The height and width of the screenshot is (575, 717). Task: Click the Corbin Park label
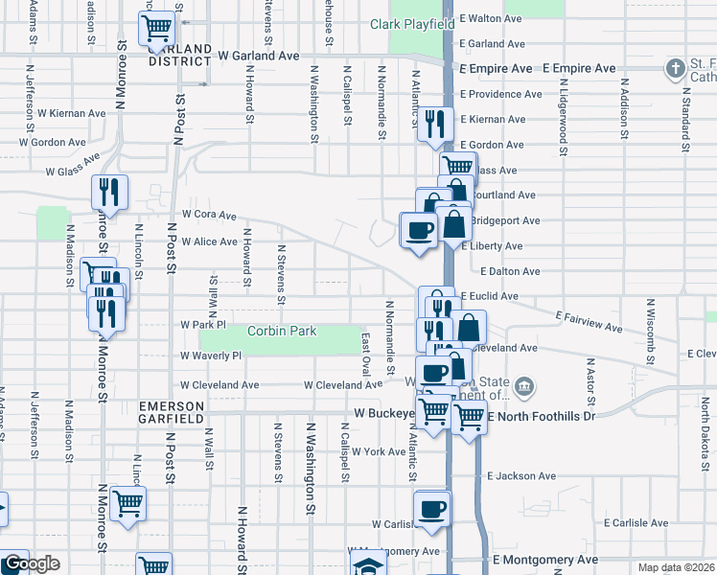tap(282, 331)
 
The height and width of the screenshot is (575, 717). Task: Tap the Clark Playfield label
tap(412, 23)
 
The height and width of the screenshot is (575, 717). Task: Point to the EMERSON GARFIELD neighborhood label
tap(171, 412)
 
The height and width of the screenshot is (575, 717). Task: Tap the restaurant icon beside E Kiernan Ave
tap(435, 124)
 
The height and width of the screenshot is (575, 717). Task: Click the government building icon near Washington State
tap(524, 387)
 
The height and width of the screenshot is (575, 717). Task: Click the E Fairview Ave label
tap(589, 320)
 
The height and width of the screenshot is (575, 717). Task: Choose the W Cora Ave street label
tap(209, 216)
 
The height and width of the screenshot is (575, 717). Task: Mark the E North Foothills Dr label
tap(542, 417)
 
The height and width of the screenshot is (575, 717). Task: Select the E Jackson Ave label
tap(521, 475)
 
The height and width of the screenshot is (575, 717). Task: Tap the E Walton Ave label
tap(492, 18)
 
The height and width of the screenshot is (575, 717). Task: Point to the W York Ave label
tap(379, 451)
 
